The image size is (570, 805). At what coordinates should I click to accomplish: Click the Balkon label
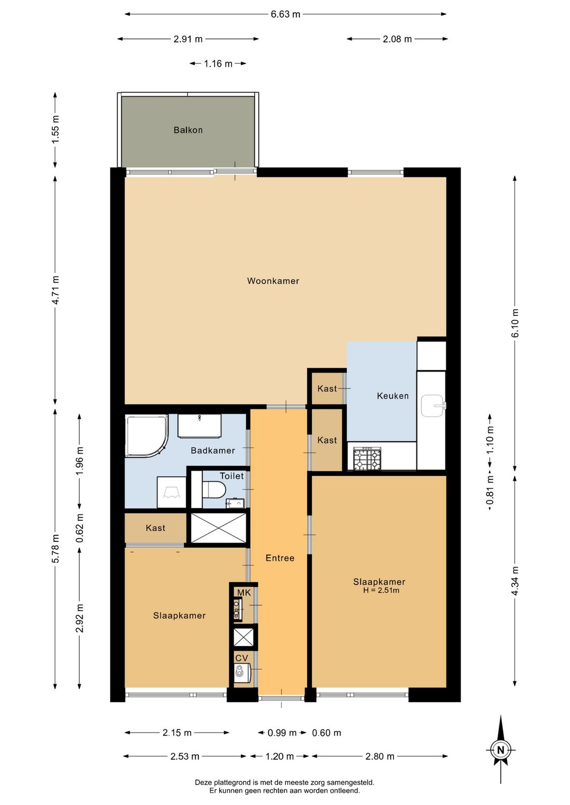[x=188, y=130]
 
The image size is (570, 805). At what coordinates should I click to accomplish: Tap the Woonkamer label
[x=273, y=281]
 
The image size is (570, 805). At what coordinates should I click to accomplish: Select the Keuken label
[x=393, y=396]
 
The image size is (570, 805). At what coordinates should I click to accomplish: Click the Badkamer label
[x=213, y=451]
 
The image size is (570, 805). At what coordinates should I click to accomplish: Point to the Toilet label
[x=232, y=476]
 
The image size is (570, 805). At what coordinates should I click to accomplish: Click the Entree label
[x=280, y=558]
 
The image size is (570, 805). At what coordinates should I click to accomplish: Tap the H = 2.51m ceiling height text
[x=381, y=590]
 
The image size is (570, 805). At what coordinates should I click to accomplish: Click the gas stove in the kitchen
[x=367, y=458]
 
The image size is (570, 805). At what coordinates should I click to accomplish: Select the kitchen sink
[x=433, y=406]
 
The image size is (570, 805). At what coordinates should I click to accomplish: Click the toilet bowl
[x=214, y=490]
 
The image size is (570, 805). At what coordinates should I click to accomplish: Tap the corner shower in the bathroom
[x=146, y=436]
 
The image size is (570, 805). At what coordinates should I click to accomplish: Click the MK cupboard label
[x=243, y=592]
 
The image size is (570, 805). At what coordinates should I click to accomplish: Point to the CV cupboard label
[x=242, y=658]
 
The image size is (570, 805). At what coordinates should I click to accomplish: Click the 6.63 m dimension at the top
[x=285, y=14]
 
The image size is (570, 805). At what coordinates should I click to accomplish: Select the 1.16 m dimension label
[x=218, y=64]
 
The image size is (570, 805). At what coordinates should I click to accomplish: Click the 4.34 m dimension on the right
[x=515, y=581]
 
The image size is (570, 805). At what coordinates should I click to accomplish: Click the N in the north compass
[x=500, y=750]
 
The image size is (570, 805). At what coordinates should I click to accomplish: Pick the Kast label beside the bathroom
[x=155, y=528]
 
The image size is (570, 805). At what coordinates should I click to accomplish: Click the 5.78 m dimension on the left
[x=55, y=549]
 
